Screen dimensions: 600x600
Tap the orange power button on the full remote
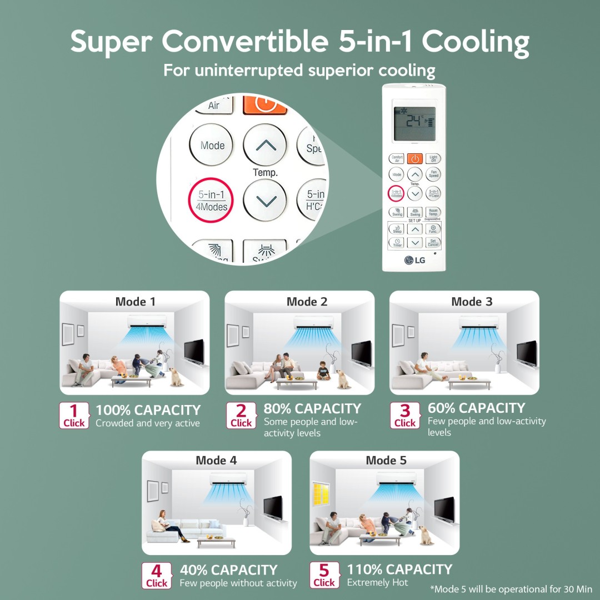tap(414, 159)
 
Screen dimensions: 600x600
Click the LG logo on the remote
tap(414, 260)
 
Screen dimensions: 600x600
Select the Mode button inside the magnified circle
tap(212, 146)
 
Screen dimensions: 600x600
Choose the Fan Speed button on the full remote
tap(433, 174)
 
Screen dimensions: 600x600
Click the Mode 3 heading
tap(472, 302)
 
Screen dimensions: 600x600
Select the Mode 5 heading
tap(386, 461)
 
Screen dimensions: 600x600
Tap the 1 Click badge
tap(74, 416)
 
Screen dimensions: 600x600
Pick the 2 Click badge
tap(241, 416)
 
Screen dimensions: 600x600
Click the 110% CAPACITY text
tap(399, 569)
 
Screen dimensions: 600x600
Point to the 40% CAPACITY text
tap(228, 570)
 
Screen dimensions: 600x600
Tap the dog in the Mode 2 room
tap(343, 379)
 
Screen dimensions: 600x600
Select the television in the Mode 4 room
tap(273, 507)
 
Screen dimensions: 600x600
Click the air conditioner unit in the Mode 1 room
tap(142, 322)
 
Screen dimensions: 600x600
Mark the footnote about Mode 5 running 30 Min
tap(511, 589)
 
